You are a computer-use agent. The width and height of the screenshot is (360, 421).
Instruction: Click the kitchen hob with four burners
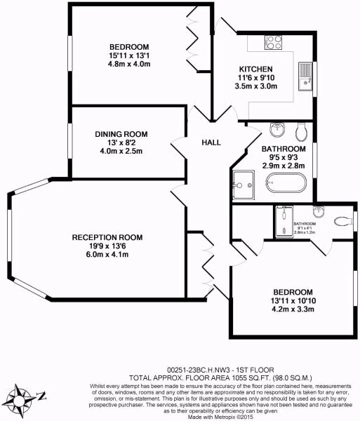(272, 42)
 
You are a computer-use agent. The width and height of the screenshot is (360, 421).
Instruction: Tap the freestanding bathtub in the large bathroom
(286, 184)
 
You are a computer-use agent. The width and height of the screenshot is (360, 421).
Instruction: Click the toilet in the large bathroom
(302, 131)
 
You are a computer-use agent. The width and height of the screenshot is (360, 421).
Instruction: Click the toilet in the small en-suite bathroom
(341, 221)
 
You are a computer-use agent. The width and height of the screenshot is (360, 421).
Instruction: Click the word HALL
(211, 142)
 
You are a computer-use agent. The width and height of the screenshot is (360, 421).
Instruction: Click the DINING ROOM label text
(121, 133)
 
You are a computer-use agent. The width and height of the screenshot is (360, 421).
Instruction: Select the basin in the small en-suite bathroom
(318, 211)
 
